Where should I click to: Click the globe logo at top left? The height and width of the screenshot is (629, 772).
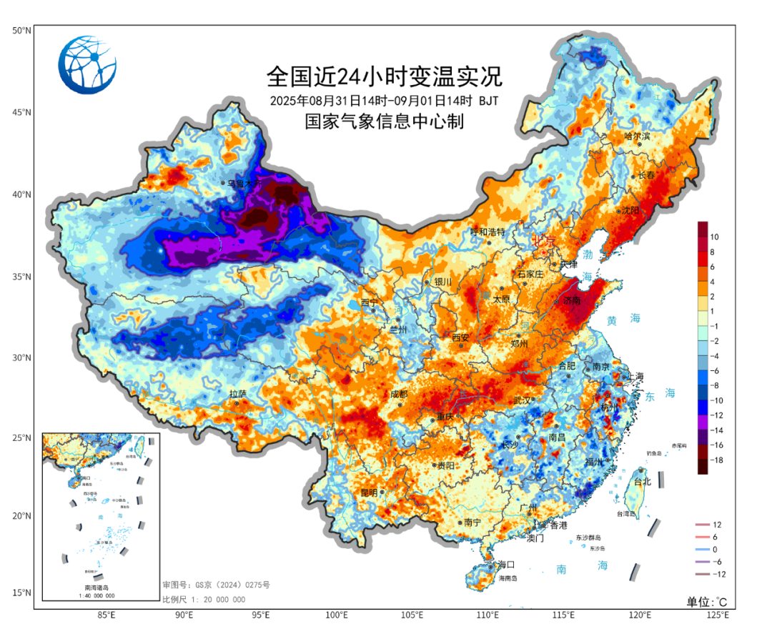pyautogui.click(x=86, y=64)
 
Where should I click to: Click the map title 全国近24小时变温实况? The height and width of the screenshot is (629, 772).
pyautogui.click(x=385, y=76)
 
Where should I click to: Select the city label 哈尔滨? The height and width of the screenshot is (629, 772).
pyautogui.click(x=638, y=136)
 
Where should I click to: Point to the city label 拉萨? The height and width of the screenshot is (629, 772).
pyautogui.click(x=237, y=394)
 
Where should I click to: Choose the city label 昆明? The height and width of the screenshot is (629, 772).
pyautogui.click(x=369, y=492)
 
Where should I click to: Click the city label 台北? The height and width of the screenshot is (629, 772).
pyautogui.click(x=643, y=482)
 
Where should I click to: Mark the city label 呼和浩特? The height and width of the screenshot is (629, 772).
pyautogui.click(x=488, y=232)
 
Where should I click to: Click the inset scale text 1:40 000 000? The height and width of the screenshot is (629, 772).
pyautogui.click(x=99, y=595)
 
